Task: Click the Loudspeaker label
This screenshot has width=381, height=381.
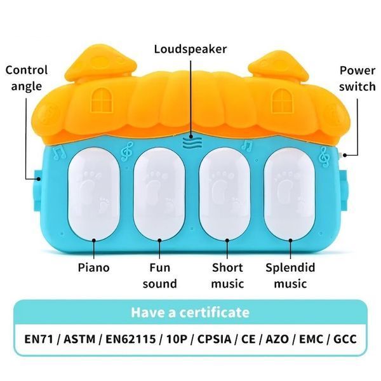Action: click(190, 50)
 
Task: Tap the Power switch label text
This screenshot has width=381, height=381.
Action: click(357, 79)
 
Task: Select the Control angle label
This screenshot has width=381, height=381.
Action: click(26, 78)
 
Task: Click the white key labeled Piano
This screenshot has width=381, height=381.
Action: click(94, 194)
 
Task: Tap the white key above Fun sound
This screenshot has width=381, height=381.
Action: click(159, 194)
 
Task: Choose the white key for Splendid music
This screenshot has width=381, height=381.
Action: click(290, 194)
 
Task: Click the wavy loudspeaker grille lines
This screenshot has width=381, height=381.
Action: click(192, 143)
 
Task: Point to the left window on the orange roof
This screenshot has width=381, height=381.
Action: click(102, 100)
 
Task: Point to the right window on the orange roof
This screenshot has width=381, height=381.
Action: click(282, 100)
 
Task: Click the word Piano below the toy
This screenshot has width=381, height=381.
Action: click(93, 268)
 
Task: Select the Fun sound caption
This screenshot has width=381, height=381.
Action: click(159, 276)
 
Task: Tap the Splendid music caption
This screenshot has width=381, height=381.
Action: click(290, 276)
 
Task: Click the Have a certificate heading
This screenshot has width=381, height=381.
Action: click(190, 312)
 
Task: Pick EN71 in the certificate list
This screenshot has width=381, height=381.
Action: click(39, 339)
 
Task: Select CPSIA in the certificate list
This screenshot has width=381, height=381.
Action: click(214, 339)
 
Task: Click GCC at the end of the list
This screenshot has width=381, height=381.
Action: click(345, 339)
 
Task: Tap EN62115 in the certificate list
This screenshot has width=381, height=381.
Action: click(130, 339)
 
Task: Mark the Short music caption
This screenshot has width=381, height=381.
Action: click(227, 276)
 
